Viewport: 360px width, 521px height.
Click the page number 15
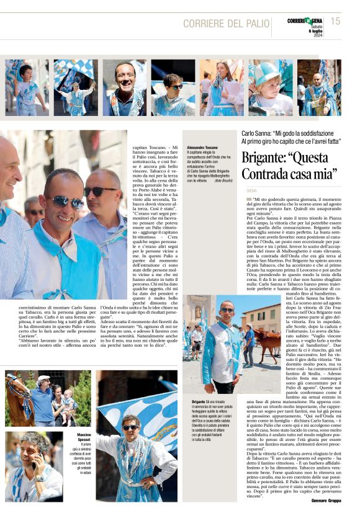(x=335, y=21)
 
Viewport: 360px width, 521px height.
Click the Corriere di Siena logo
(x=304, y=20)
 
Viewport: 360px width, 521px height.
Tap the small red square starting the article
(x=248, y=199)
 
